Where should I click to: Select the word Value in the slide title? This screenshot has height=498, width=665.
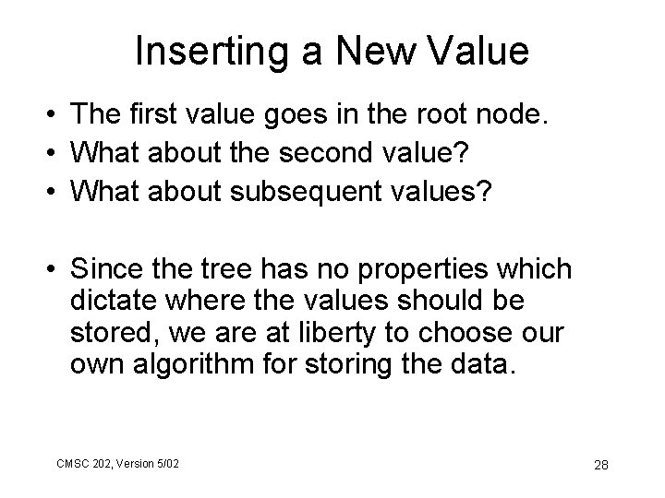(x=481, y=52)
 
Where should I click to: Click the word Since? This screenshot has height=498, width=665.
(x=110, y=270)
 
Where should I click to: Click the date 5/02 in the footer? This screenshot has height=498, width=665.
(x=166, y=462)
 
